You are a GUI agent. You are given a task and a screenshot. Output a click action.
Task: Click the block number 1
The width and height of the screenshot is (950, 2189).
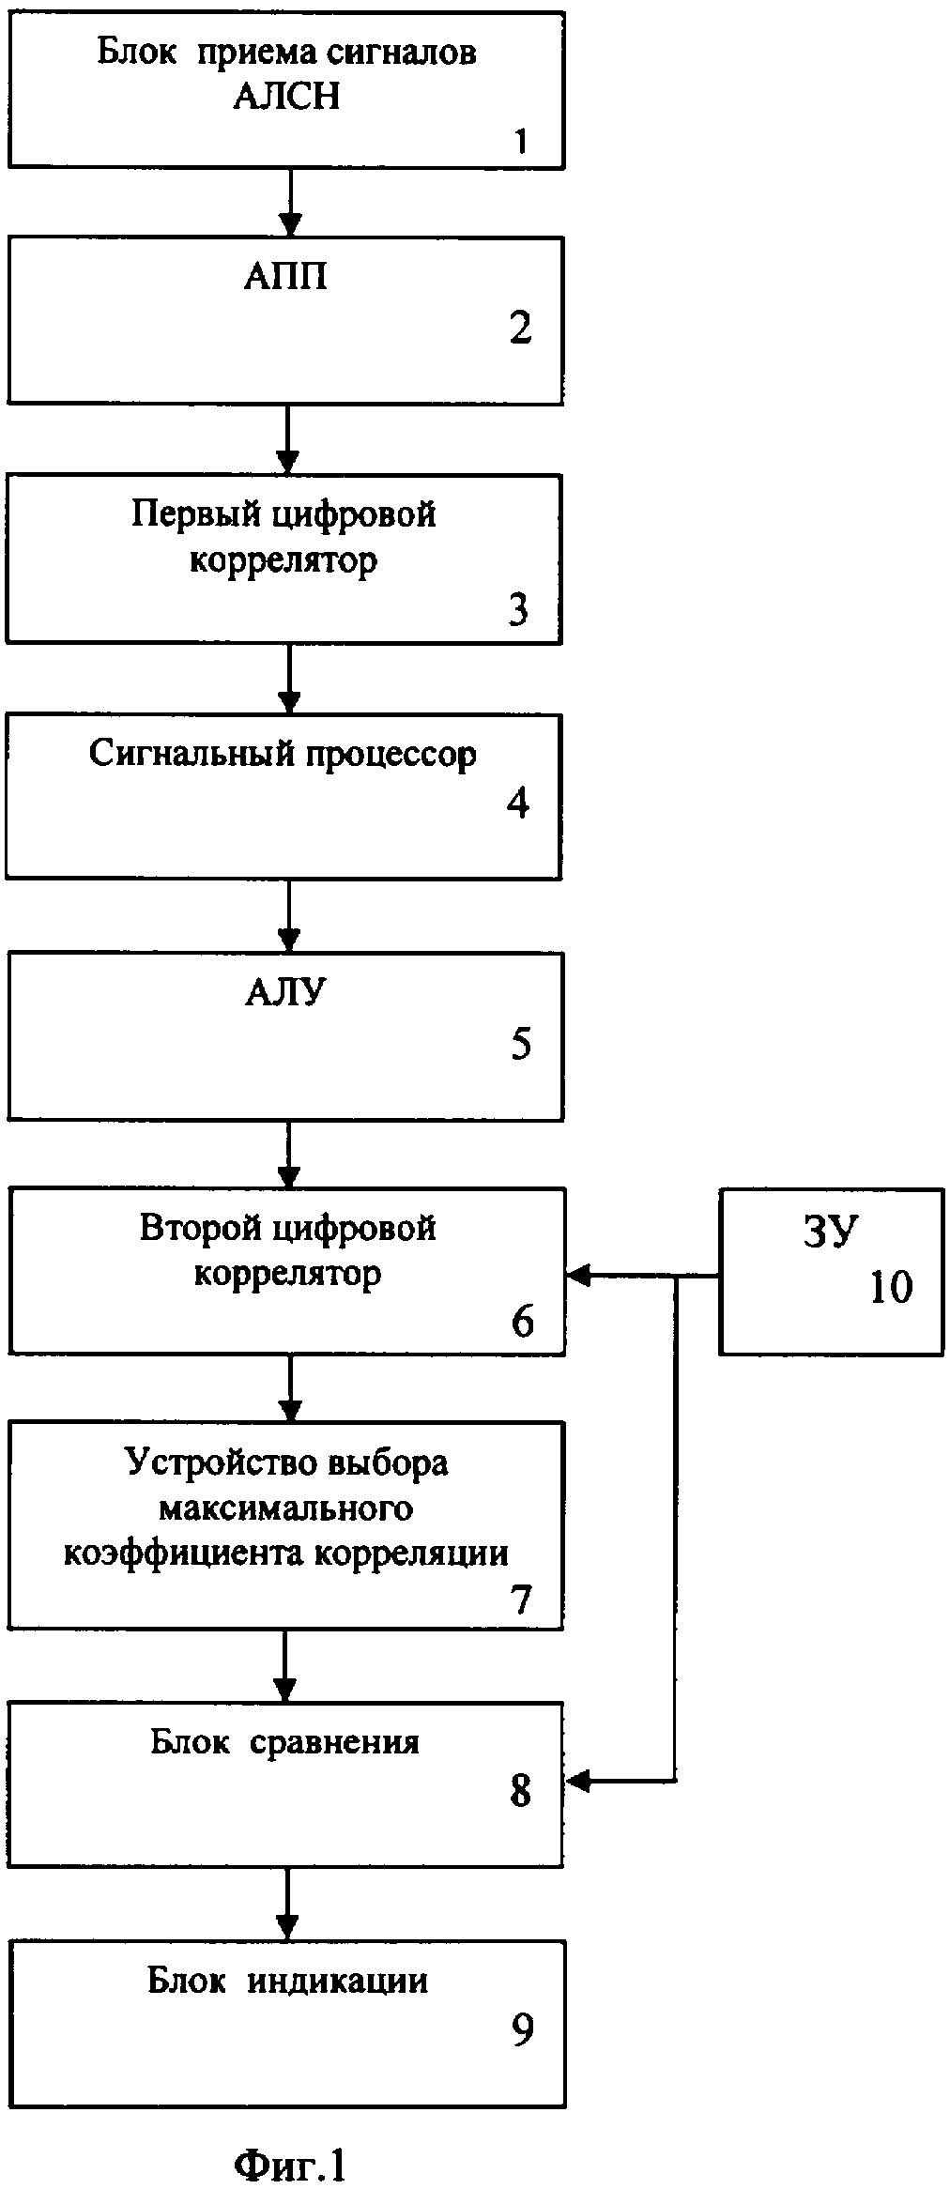[521, 141]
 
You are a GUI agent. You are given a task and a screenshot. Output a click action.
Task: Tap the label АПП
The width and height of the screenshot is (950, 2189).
[285, 277]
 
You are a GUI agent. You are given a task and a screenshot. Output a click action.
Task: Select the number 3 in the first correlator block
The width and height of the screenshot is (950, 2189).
[519, 609]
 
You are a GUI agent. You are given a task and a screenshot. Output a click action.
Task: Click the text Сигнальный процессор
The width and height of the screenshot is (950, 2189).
[283, 754]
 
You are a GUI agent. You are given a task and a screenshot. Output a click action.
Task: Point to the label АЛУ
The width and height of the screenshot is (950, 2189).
[285, 992]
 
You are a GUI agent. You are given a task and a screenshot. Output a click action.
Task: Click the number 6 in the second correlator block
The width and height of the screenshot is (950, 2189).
[522, 1322]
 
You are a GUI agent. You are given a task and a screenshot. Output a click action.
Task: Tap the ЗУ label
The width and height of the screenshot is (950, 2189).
[831, 1232]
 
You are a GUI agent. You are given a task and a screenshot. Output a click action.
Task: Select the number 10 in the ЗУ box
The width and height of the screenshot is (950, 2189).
[891, 1287]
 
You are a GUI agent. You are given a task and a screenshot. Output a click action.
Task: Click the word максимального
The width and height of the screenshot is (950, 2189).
[286, 1508]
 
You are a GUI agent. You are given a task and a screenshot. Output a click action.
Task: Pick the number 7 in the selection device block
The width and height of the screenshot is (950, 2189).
[522, 1599]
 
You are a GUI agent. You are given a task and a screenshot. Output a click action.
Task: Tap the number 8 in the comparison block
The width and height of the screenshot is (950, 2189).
[520, 1791]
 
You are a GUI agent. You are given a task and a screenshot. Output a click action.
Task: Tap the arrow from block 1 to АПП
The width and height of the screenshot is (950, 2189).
[290, 203]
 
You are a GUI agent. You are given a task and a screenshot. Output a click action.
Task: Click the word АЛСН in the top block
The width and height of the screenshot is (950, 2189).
[286, 97]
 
